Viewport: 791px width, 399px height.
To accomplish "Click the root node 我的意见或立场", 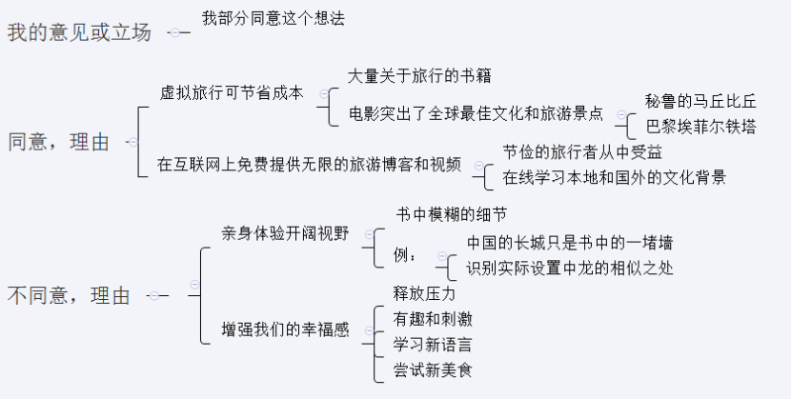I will click(79, 31).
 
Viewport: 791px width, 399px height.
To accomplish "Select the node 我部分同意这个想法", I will click(274, 18).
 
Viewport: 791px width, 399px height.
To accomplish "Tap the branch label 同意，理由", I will click(58, 142).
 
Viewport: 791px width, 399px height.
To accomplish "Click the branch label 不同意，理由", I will click(69, 295).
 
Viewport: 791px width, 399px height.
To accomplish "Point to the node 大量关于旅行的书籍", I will click(419, 75).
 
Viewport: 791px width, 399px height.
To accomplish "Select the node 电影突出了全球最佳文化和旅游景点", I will click(476, 112).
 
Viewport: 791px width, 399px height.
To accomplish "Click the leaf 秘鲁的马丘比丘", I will click(700, 102).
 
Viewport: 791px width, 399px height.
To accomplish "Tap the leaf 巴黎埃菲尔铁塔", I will click(700, 126).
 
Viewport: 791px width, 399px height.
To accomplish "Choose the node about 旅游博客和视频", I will click(310, 164).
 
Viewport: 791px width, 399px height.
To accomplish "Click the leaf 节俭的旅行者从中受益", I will click(582, 152).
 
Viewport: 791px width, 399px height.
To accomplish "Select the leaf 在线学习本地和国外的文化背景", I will click(615, 176).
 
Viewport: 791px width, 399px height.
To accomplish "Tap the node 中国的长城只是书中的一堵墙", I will click(571, 243).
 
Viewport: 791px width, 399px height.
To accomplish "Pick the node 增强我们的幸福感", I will click(285, 330).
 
